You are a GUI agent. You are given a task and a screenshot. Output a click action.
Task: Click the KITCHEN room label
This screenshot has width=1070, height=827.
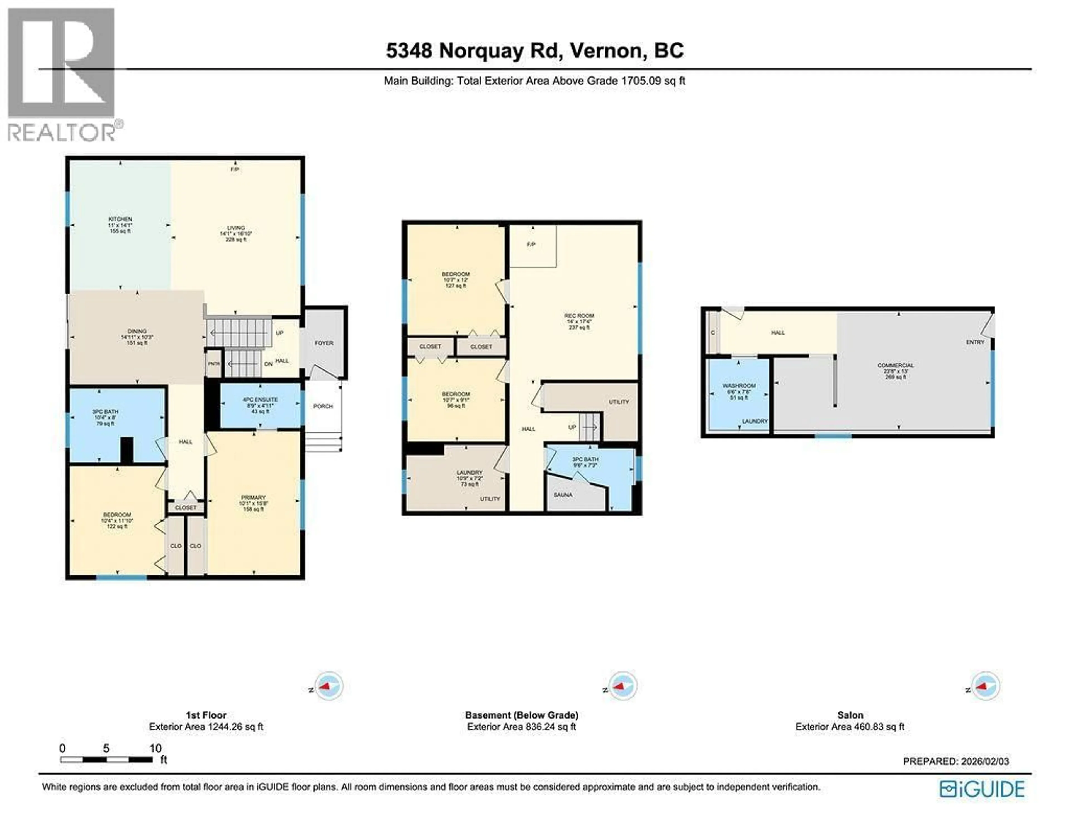pos(120,219)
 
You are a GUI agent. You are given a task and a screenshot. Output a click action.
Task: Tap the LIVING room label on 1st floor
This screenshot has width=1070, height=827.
pos(236,228)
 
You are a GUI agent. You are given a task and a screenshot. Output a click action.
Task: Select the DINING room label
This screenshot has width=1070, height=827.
pos(137,332)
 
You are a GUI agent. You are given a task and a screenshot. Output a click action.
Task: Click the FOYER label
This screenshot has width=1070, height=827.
pos(324,343)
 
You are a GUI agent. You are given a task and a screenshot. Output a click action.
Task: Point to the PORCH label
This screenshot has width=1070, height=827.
pos(323,407)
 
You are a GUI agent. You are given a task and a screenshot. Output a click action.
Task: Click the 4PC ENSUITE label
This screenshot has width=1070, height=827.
pos(260,400)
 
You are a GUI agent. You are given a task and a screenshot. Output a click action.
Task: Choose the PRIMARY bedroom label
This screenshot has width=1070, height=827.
pos(253,498)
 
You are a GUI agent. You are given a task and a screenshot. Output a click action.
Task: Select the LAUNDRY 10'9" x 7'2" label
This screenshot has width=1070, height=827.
pos(469,473)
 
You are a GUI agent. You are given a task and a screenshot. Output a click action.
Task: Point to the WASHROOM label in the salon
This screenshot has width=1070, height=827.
pos(739,386)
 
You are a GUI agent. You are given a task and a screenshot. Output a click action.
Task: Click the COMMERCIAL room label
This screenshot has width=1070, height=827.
pos(896,365)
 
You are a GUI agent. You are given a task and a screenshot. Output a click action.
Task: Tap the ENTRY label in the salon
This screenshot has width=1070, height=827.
pos(975,342)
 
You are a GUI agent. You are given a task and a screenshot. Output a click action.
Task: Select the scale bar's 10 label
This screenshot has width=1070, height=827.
pos(155,748)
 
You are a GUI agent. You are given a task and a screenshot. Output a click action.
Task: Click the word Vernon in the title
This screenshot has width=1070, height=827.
pos(606,50)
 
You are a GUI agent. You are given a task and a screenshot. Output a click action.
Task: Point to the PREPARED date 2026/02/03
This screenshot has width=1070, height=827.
pos(955,761)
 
